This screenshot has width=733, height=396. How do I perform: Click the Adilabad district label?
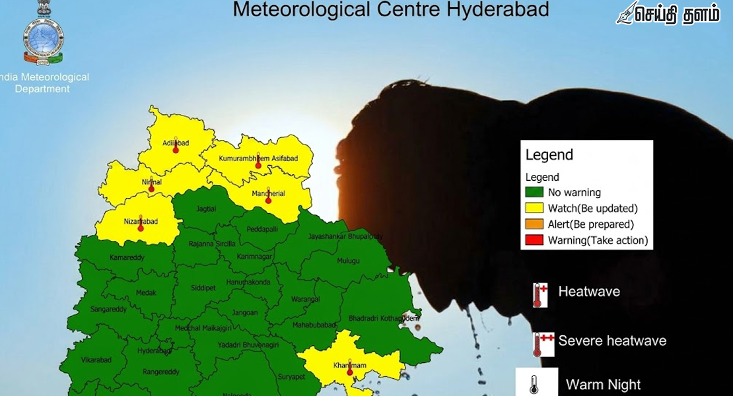(164, 143)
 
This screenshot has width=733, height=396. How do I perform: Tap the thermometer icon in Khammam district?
(350, 372)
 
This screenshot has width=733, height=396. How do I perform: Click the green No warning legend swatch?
(535, 193)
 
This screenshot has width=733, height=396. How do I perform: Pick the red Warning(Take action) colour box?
(535, 240)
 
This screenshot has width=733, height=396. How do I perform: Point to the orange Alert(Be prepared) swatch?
(535, 224)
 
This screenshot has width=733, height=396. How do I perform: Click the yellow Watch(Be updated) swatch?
(535, 209)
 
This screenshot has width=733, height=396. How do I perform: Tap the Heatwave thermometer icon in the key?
(540, 295)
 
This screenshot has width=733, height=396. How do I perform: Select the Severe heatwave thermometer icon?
(540, 345)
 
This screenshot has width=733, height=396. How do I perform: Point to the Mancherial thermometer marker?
(268, 201)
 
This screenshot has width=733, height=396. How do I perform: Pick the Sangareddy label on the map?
(108, 309)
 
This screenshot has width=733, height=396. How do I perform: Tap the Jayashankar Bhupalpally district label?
(345, 236)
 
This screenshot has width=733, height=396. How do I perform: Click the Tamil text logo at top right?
(668, 15)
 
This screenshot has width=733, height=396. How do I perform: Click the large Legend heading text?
(549, 156)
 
